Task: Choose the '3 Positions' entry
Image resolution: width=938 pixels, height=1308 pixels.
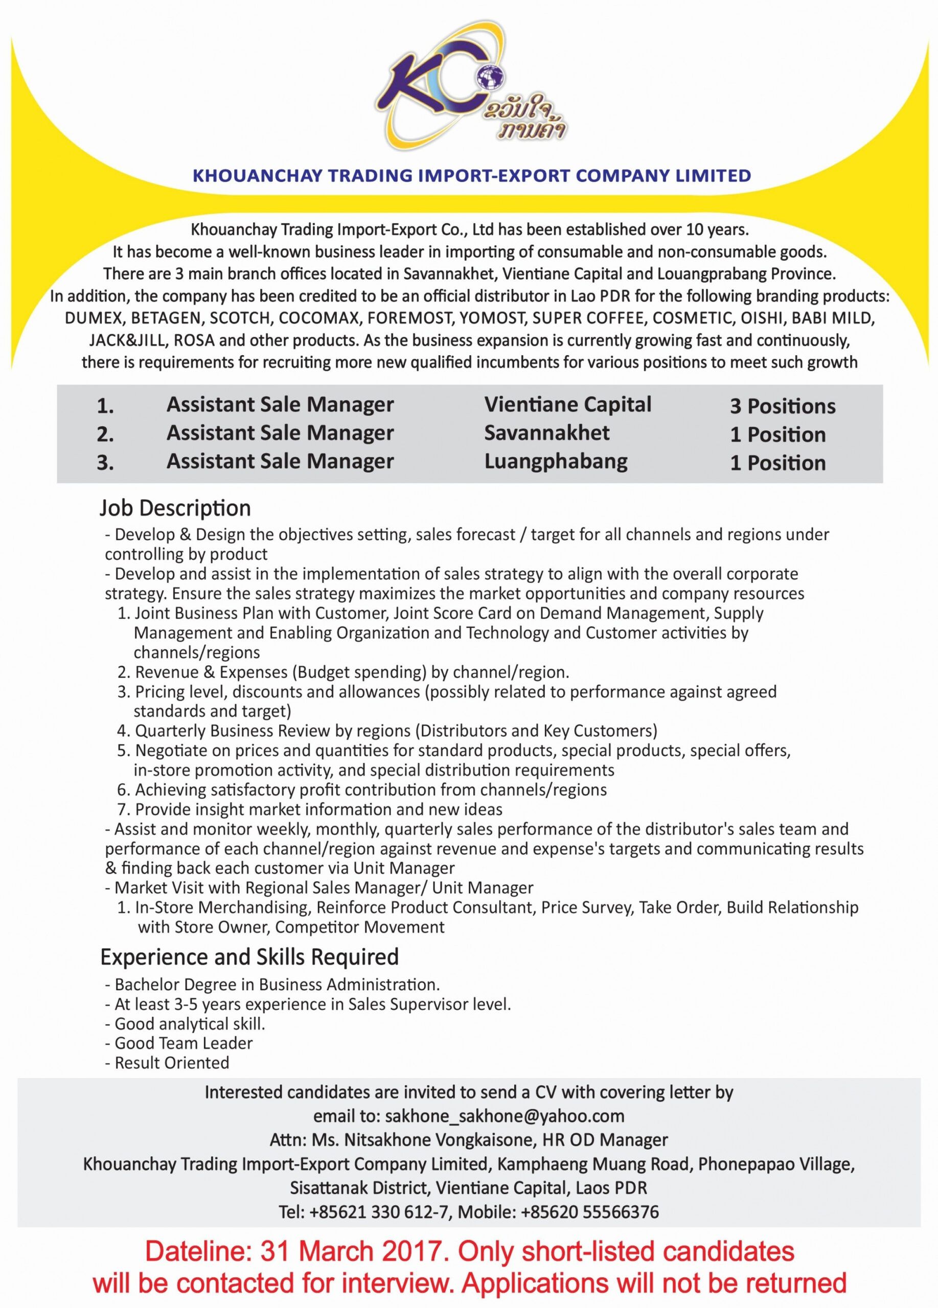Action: [782, 407]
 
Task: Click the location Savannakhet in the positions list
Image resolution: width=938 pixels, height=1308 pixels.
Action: [546, 433]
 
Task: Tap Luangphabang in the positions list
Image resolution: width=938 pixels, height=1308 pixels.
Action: [556, 461]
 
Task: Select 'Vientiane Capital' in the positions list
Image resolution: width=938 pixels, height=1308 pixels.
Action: [567, 405]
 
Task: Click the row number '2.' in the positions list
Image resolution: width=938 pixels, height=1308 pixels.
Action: [105, 435]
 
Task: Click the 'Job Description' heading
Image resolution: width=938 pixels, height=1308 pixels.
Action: [175, 508]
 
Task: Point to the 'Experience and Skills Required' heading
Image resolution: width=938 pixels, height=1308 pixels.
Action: [249, 957]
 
